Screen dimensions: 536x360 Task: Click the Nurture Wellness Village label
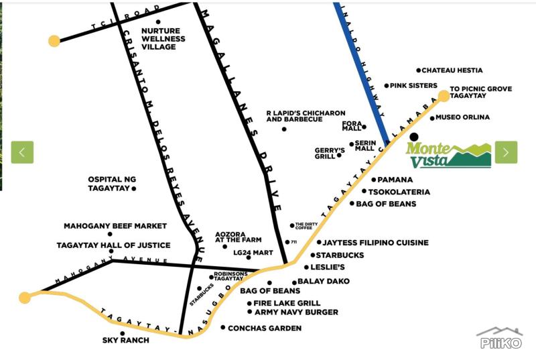(x=163, y=39)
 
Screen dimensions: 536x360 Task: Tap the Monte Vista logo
(x=448, y=156)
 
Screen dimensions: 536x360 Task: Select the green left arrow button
(x=22, y=152)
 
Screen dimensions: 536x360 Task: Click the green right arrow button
(x=507, y=152)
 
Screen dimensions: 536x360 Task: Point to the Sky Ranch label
(x=126, y=340)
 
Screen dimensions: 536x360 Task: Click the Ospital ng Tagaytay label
(x=112, y=184)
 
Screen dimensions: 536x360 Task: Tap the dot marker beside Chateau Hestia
(x=418, y=70)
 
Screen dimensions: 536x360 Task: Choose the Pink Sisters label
(x=413, y=85)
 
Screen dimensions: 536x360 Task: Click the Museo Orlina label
(x=462, y=117)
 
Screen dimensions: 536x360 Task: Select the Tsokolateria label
(x=399, y=192)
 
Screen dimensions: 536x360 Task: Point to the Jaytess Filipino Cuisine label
(x=375, y=243)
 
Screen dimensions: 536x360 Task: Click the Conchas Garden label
(x=265, y=328)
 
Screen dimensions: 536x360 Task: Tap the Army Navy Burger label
(x=296, y=312)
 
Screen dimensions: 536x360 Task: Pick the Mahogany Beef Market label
(x=115, y=226)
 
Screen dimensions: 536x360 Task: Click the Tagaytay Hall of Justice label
(x=113, y=245)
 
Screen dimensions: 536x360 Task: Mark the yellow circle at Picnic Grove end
(x=444, y=96)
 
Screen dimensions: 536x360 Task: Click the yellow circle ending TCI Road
(x=54, y=41)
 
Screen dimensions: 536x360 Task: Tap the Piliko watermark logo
(x=500, y=338)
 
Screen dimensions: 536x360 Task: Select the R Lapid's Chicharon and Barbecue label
(x=306, y=116)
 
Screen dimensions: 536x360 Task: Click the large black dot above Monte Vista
(x=413, y=137)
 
